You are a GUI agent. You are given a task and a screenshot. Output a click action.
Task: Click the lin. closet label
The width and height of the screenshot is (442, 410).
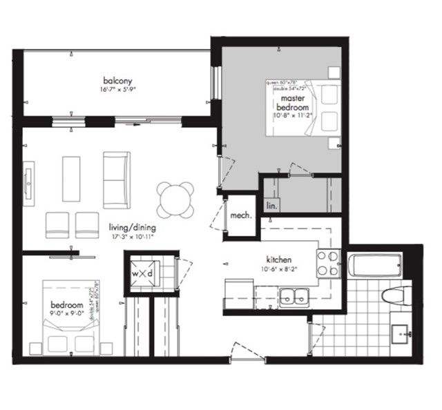click(x=269, y=205)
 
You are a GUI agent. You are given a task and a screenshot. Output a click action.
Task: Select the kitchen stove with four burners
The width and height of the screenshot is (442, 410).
click(x=327, y=262)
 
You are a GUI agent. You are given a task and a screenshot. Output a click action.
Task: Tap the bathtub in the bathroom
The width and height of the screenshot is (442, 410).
click(x=376, y=266)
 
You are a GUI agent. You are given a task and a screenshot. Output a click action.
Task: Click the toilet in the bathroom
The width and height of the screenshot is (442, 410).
click(x=396, y=296)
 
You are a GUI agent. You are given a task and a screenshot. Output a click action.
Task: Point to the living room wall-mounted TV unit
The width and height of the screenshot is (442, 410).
click(x=28, y=184)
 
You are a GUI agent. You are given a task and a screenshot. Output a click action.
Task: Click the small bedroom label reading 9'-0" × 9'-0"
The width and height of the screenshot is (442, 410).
click(x=66, y=313)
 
